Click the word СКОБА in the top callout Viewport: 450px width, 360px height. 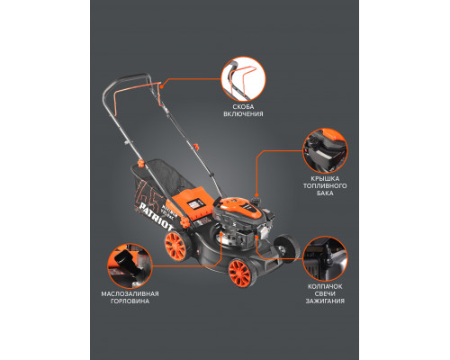tap(243, 107)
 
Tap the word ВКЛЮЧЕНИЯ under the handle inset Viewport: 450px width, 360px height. tap(243, 114)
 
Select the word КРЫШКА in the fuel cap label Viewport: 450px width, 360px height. tap(325, 179)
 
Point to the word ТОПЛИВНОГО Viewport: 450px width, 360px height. tap(325, 186)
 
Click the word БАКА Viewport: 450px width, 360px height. tap(325, 193)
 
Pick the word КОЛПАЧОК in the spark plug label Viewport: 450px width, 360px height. tap(325, 287)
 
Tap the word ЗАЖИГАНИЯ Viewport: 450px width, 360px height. tap(325, 301)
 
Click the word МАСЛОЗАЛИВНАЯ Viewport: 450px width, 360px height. tap(130, 294)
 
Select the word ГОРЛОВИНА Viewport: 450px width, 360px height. tap(130, 301)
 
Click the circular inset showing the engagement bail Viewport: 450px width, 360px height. tap(243, 79)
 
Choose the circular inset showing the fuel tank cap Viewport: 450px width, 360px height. tap(325, 150)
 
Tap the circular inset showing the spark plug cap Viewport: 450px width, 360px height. tap(325, 258)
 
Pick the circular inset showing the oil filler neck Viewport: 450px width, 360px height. tap(130, 265)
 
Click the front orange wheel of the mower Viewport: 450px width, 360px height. tap(239, 273)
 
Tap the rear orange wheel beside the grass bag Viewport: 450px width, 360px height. tap(175, 246)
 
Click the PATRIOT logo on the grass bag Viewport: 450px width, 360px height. tap(155, 216)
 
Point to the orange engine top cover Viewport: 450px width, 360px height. tap(239, 208)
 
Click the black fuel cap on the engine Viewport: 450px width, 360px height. tap(256, 199)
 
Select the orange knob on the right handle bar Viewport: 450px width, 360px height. tap(196, 148)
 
